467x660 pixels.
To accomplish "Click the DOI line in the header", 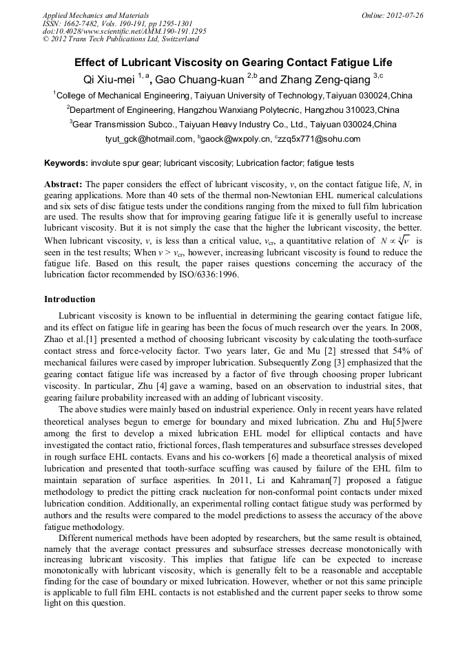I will (125, 32).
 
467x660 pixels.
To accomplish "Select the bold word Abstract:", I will (63, 184).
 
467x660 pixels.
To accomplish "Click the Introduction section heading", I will (70, 299).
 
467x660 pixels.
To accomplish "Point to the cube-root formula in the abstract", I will (398, 241).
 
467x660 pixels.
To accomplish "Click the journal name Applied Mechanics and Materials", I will (96, 14).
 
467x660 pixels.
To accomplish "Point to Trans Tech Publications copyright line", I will (121, 40).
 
